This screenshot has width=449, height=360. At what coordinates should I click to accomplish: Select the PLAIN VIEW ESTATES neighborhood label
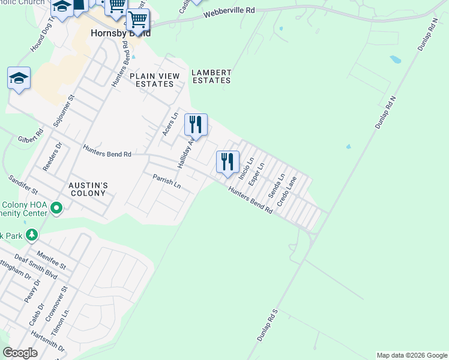pos(152,80)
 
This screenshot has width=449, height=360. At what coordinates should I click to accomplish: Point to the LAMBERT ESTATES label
pos(211,76)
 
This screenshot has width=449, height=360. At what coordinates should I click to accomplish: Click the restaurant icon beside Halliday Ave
pos(196,125)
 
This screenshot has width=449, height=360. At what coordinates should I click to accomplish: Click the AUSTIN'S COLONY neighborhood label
pos(87,189)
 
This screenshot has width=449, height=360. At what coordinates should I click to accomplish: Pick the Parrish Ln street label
pos(166,180)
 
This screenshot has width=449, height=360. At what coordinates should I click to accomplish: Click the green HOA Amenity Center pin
pos(57,208)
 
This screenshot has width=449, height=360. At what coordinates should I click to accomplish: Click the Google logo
pos(20,352)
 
